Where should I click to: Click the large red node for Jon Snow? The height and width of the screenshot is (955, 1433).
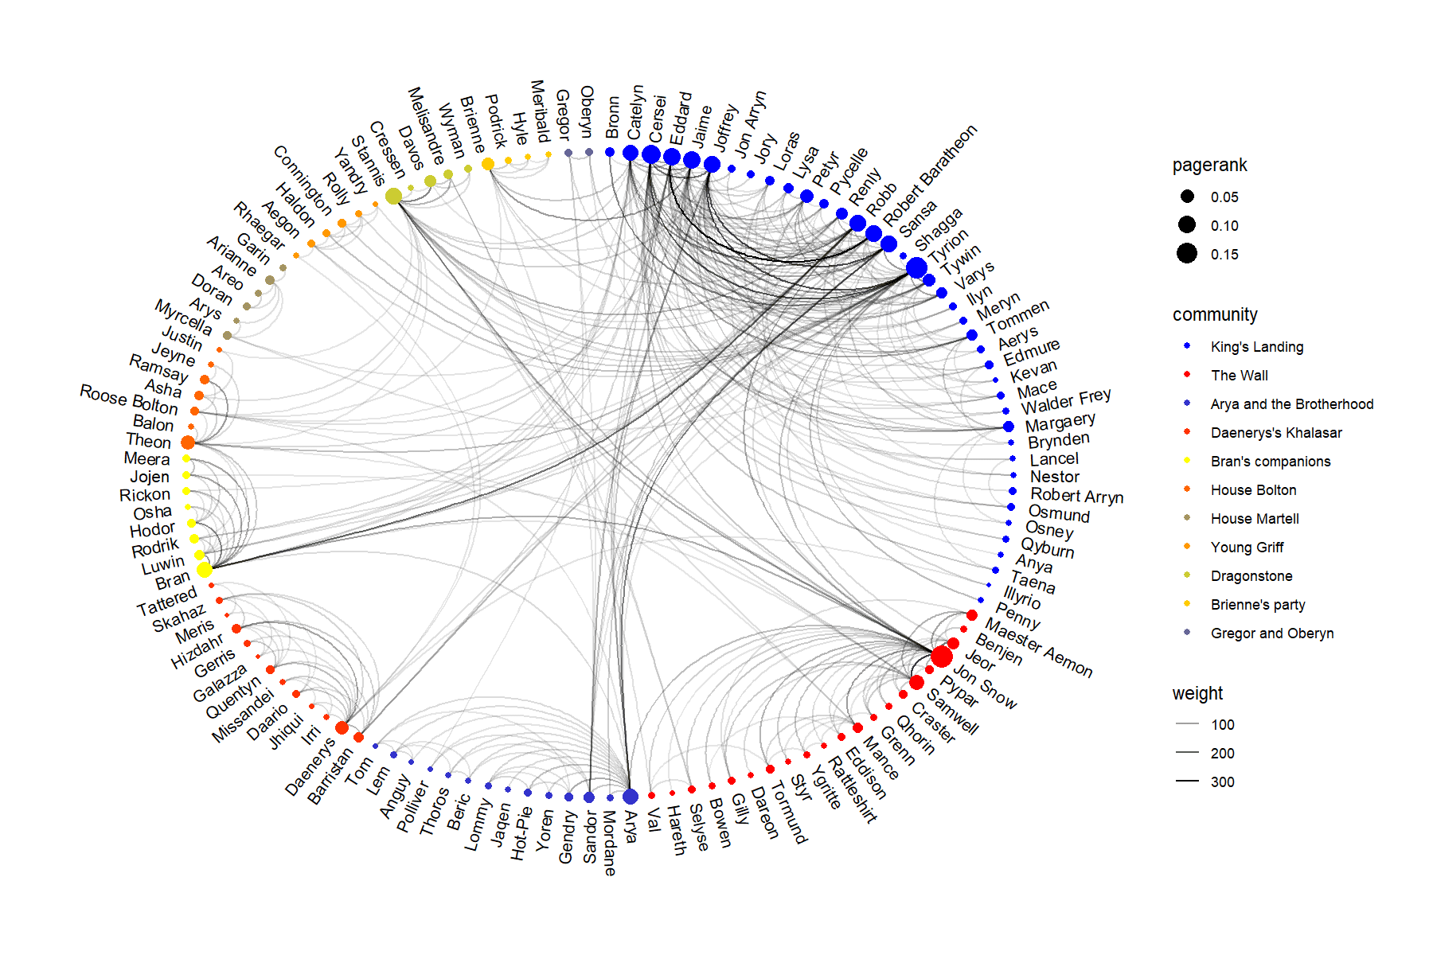942,657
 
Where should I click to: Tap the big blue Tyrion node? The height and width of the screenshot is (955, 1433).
916,267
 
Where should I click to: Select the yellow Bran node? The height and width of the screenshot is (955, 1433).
205,570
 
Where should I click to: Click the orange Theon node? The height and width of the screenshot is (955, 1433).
188,442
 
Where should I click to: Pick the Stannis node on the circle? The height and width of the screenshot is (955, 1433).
393,196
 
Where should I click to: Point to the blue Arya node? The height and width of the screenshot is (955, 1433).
630,797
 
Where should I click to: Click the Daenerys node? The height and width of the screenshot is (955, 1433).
342,727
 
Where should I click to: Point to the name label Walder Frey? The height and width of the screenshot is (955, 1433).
1066,400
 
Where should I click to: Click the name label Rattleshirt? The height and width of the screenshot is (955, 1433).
852,789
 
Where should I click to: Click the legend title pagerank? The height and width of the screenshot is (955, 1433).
1209,166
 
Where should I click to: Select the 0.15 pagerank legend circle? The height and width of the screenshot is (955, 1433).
1187,254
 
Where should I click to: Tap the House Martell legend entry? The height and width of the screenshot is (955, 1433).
1254,519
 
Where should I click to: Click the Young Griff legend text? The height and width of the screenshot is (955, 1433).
1247,548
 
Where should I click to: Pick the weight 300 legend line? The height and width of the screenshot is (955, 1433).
1187,782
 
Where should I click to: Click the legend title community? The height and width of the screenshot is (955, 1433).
1215,315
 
